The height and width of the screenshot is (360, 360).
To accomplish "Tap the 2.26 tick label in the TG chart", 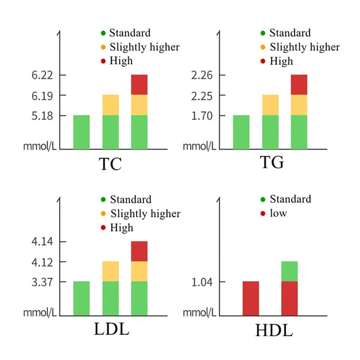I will [200, 75].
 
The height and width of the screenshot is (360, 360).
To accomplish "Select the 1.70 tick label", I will [200, 116].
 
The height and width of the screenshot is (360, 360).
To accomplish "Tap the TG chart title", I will [272, 163].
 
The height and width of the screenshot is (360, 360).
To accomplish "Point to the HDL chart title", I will [274, 330].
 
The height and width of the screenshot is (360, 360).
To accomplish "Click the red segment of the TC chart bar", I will [139, 84].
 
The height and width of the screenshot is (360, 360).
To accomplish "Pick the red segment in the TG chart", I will [299, 84].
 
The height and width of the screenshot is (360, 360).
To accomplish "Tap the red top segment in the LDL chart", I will [139, 251].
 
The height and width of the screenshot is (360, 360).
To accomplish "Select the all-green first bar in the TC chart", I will [82, 132].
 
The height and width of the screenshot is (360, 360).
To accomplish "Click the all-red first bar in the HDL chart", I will [251, 299].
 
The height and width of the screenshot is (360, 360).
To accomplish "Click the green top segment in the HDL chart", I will [289, 271].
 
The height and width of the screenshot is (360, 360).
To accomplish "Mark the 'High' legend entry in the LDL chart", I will [121, 228].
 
